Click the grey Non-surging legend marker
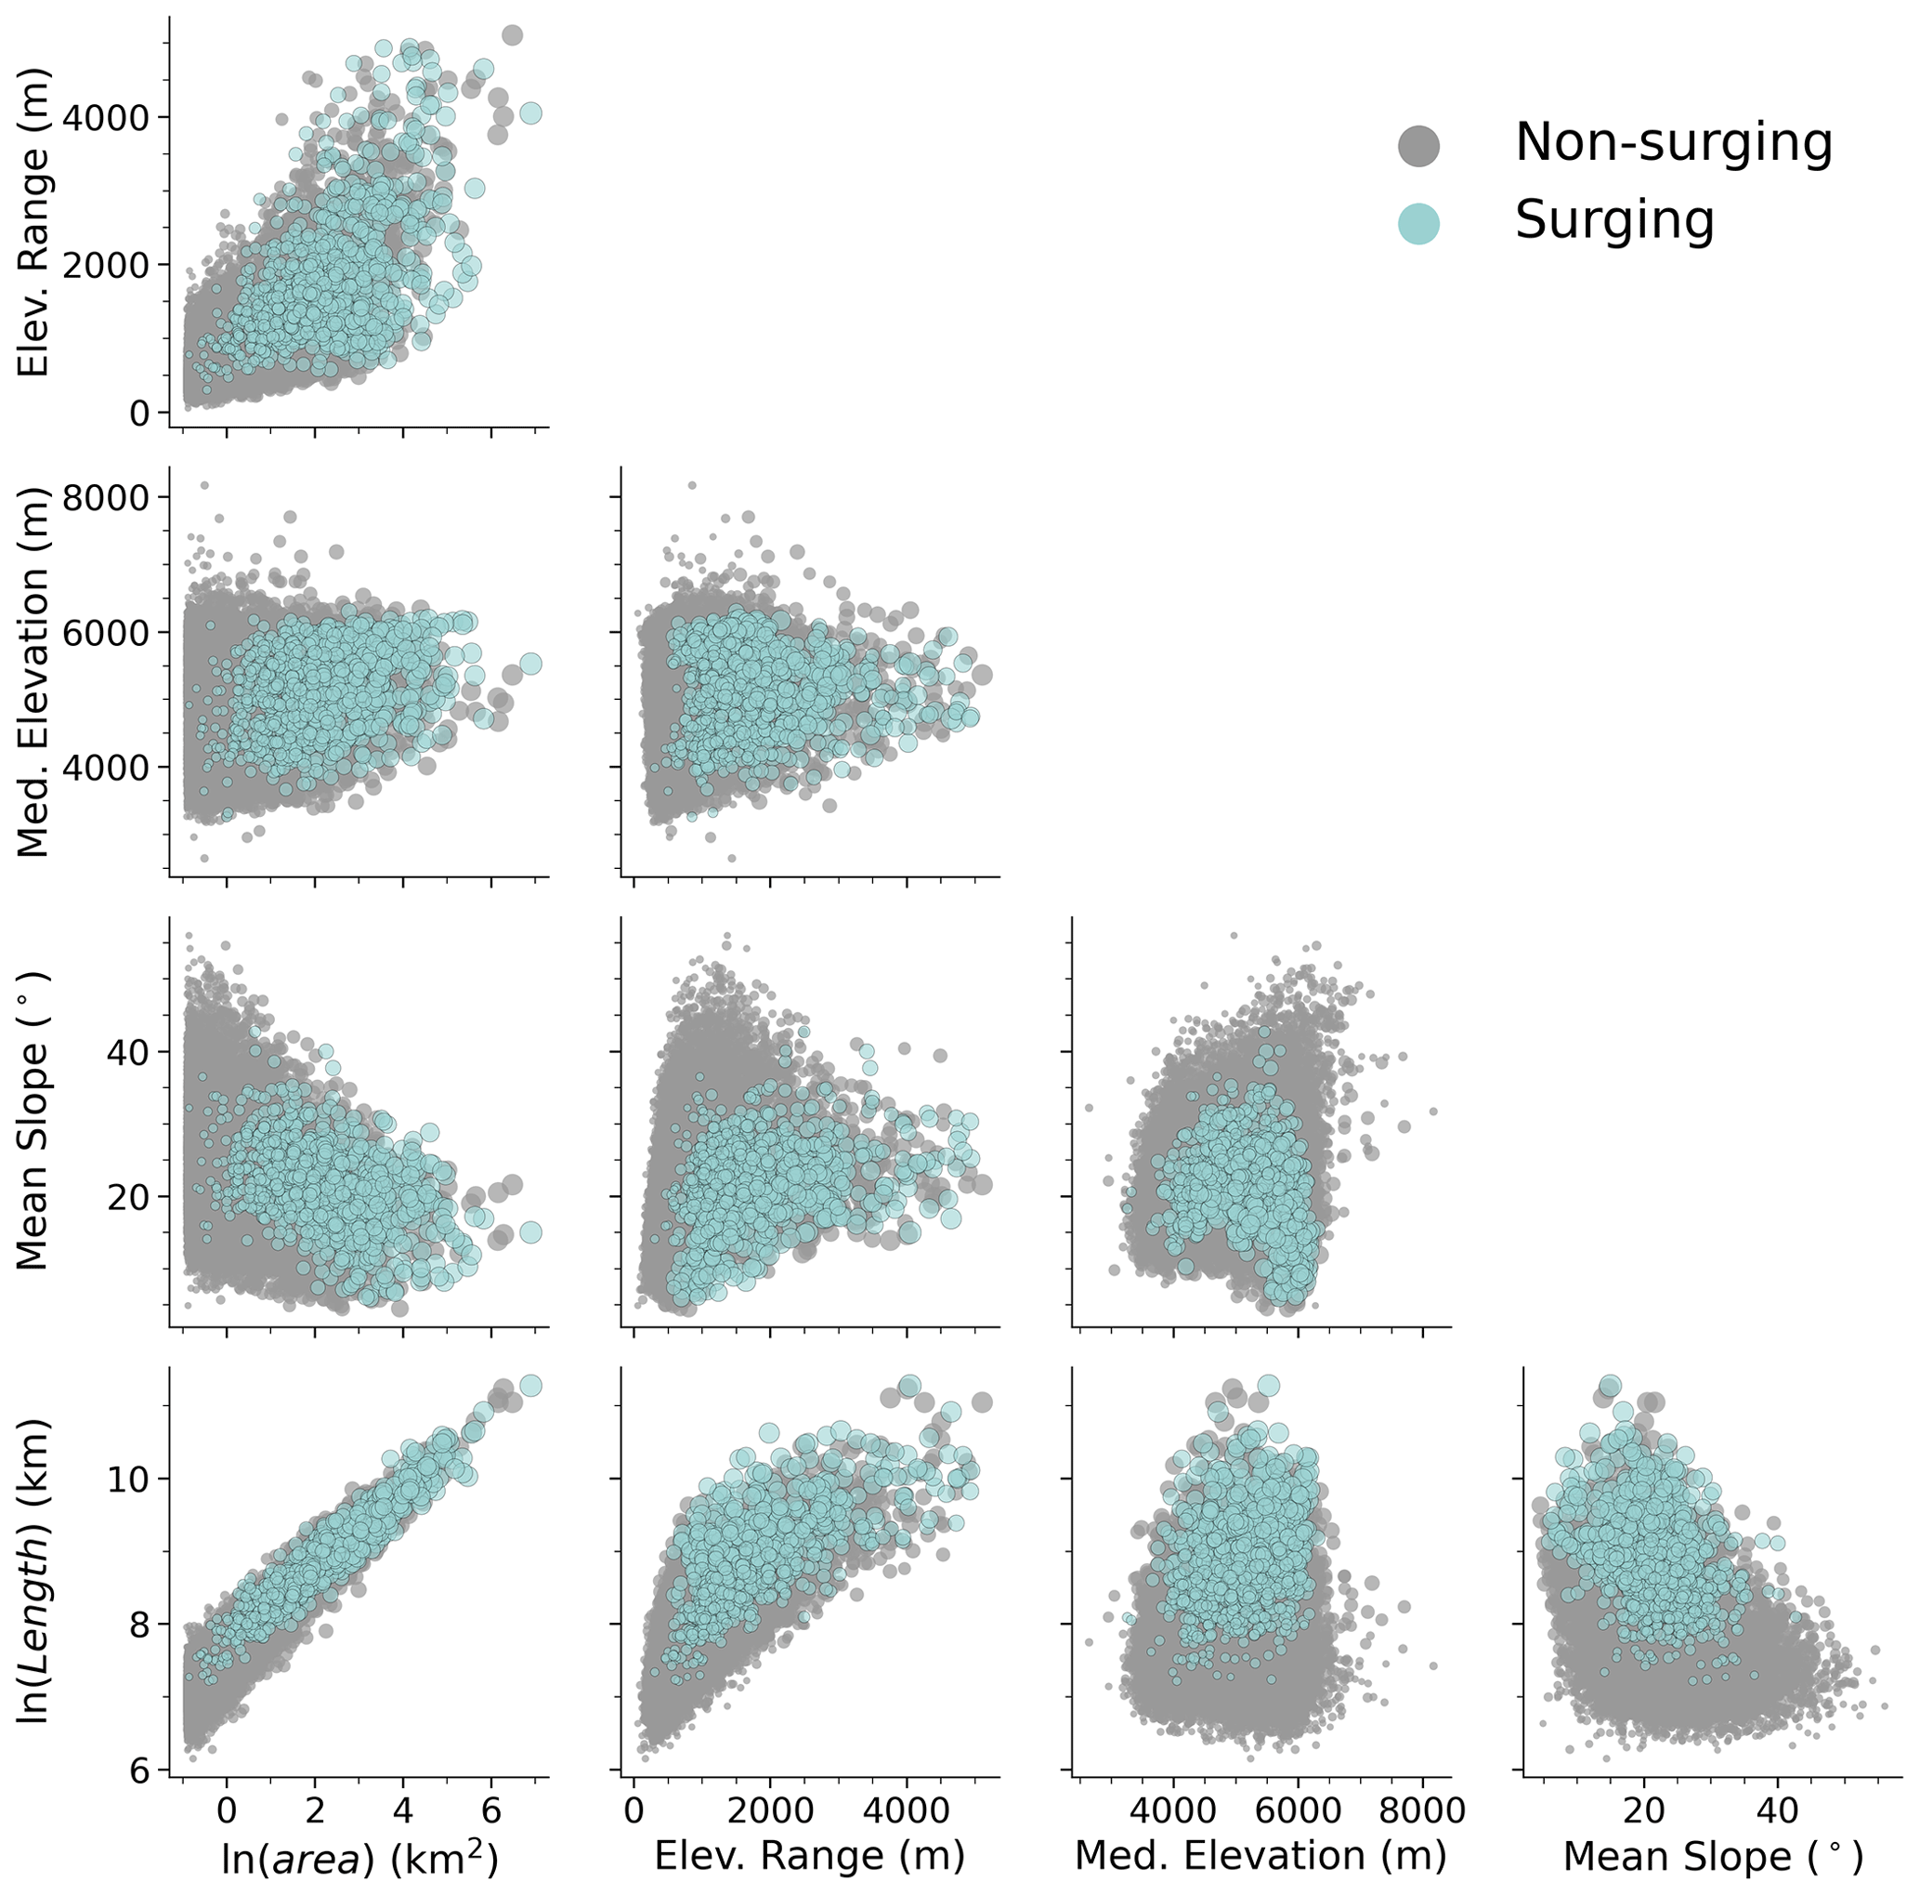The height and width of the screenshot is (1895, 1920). point(1418,145)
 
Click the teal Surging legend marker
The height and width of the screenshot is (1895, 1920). point(1418,223)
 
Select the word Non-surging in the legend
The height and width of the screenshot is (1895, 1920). point(1673,142)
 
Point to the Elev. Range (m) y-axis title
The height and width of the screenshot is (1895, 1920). point(33,223)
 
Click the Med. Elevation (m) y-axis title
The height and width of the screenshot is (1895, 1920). point(33,672)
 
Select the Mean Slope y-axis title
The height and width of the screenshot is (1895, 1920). point(33,1122)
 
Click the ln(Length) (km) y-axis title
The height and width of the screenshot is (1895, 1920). point(33,1571)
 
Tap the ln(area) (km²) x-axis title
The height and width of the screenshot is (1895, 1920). point(359,1857)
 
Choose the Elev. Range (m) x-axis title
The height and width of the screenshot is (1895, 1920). point(809,1855)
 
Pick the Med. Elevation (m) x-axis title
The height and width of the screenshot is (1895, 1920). point(1260,1855)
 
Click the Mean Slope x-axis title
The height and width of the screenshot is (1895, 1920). point(1712,1855)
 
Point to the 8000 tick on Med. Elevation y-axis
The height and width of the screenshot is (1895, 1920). point(102,497)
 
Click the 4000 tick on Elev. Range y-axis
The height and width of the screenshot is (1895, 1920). point(102,117)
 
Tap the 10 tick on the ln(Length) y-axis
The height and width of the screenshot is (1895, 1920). point(124,1479)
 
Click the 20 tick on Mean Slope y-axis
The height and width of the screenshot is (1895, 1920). point(124,1196)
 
